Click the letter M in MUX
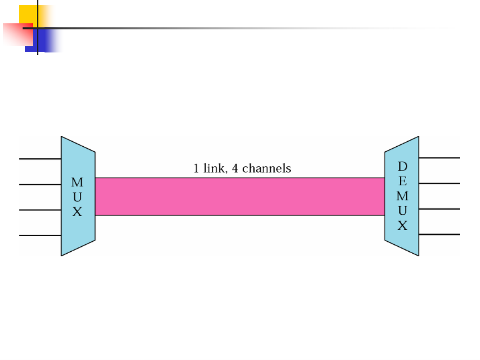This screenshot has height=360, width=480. point(77,183)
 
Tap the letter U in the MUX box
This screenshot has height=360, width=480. point(77,197)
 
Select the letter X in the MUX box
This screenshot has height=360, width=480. point(77,212)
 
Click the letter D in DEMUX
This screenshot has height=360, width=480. point(403,166)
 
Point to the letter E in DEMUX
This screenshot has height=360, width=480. point(403,181)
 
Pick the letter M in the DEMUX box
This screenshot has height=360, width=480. point(403,196)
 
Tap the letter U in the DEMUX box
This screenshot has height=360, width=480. point(403,211)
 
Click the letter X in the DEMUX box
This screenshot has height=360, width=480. point(403,226)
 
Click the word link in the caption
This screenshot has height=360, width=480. point(213,168)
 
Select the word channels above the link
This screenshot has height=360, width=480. point(267,168)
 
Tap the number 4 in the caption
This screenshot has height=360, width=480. point(235,168)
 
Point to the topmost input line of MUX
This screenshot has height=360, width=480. point(40,159)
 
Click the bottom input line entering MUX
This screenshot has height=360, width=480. point(40,235)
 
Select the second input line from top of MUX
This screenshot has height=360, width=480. point(40,184)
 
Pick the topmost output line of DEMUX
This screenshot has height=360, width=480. point(439,158)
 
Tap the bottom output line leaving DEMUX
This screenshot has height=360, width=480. point(439,234)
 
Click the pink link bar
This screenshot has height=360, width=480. point(240,197)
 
